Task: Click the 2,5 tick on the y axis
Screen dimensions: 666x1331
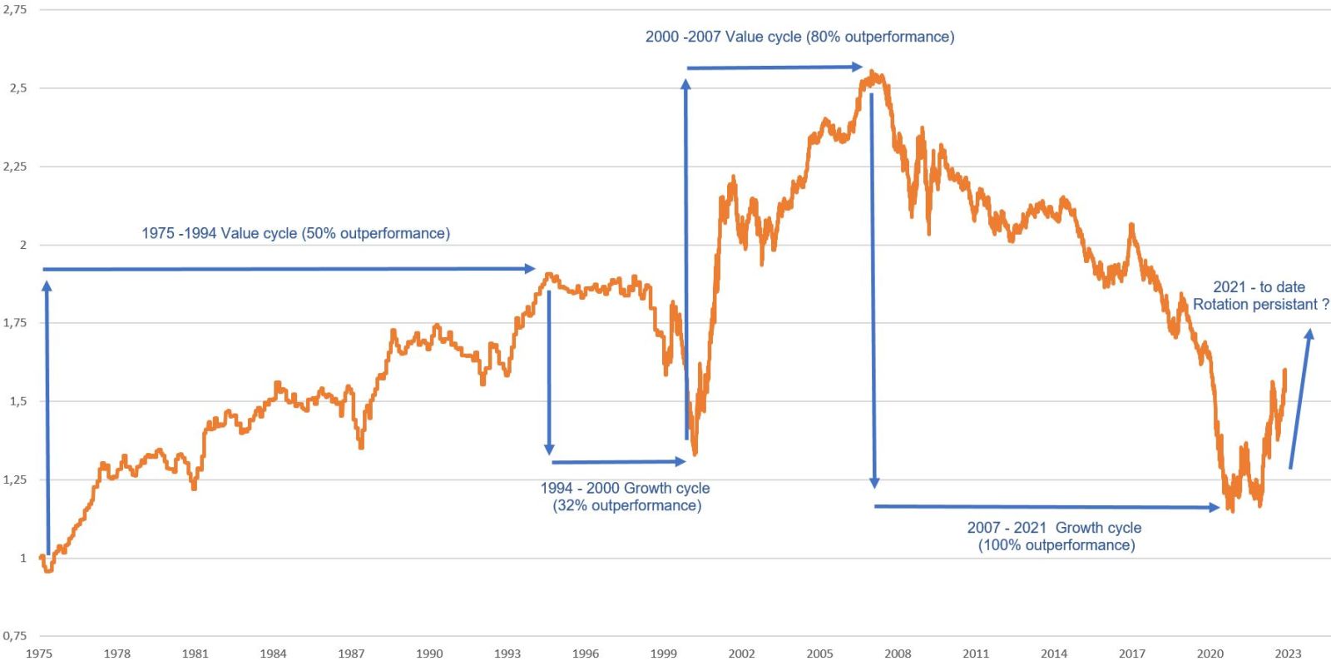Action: (17, 88)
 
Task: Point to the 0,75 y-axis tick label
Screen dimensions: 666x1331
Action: (14, 636)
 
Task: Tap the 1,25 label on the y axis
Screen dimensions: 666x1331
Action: (14, 480)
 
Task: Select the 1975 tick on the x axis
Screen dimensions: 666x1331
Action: (39, 654)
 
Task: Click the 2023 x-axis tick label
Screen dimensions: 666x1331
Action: (1288, 654)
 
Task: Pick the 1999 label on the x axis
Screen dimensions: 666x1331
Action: (663, 654)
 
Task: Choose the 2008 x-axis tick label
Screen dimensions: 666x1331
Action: (898, 654)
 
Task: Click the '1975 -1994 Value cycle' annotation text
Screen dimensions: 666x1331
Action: (295, 233)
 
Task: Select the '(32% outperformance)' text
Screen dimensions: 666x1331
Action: (626, 505)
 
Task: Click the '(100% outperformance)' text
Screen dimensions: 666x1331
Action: (1056, 545)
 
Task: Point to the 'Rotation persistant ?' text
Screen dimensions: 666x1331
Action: (1260, 305)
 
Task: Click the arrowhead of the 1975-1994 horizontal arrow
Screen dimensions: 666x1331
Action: (530, 268)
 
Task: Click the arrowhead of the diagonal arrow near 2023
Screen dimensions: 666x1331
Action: (1309, 334)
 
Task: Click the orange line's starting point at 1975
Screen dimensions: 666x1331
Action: (42, 558)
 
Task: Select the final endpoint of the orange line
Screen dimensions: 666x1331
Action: (1285, 370)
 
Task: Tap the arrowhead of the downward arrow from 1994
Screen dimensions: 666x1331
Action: (549, 450)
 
